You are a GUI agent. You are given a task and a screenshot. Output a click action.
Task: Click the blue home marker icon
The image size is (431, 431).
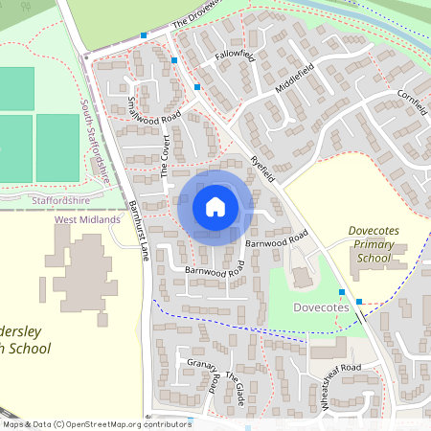click(215, 207)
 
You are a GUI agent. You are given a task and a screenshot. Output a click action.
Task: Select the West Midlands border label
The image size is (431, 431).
click(88, 219)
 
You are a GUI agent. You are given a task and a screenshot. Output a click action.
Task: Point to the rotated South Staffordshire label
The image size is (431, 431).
click(96, 141)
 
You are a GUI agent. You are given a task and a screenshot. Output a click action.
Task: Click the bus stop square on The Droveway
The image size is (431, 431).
click(144, 35)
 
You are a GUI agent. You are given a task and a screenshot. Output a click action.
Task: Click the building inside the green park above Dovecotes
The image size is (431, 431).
click(301, 276)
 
